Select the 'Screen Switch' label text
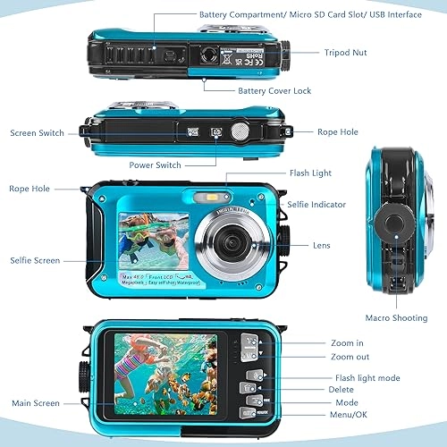pos(38,133)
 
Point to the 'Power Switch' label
pos(156,165)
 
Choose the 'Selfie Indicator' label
pos(316,205)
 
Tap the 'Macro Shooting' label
pos(397,317)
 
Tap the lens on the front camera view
pos(229,240)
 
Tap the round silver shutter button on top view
pos(240,131)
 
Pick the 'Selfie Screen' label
pos(35,260)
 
